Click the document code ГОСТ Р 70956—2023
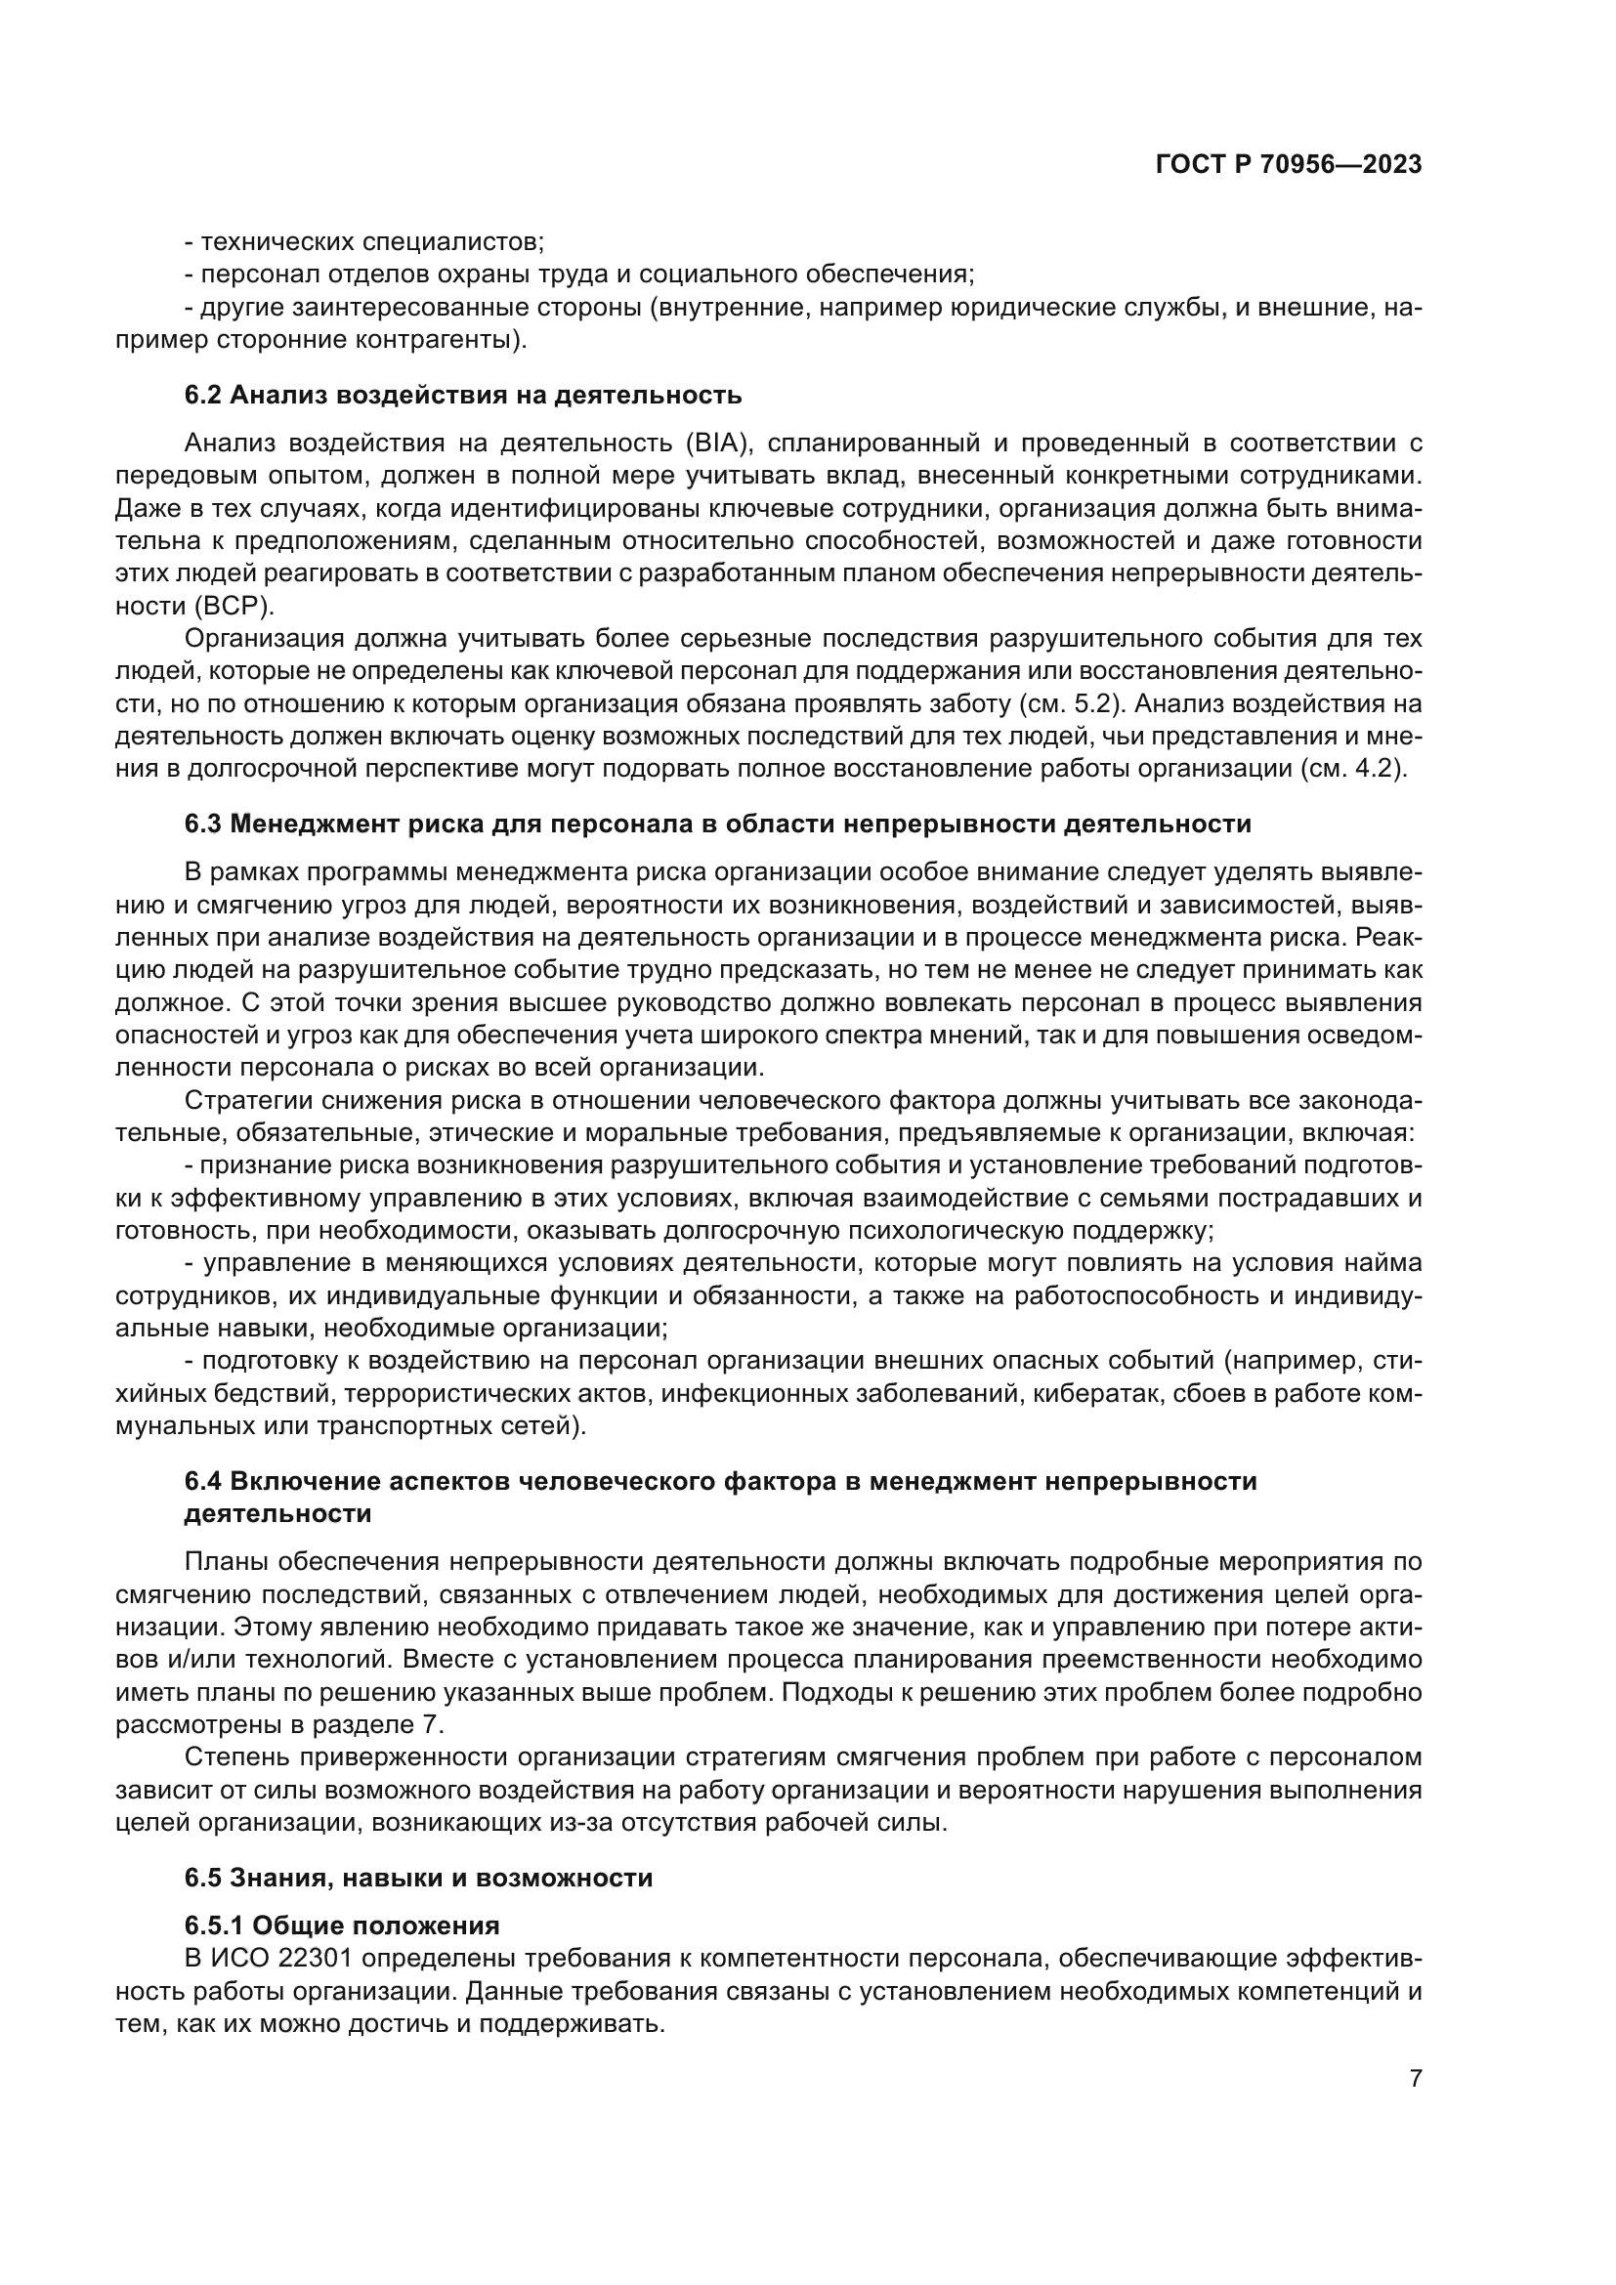pos(1288,164)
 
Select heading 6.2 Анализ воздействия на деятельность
pos(463,395)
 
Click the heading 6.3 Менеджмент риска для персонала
pos(716,825)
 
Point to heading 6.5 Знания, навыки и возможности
pos(418,1878)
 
